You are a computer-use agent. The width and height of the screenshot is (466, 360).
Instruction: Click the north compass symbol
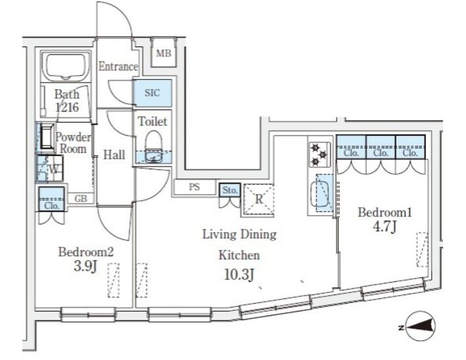click(419, 326)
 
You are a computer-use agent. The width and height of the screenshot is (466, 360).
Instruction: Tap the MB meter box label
click(163, 53)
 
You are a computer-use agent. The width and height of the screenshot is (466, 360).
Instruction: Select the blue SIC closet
click(153, 92)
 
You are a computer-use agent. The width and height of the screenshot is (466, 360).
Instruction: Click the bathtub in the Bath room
click(66, 66)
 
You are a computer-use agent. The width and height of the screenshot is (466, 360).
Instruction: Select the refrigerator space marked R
click(259, 199)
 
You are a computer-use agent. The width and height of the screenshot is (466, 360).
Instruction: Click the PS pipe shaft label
click(194, 187)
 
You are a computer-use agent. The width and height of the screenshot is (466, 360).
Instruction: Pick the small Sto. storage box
click(230, 190)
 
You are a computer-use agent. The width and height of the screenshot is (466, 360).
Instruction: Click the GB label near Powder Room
click(81, 199)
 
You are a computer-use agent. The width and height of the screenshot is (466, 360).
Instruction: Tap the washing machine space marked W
click(50, 169)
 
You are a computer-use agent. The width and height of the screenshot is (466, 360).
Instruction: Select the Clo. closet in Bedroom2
click(52, 199)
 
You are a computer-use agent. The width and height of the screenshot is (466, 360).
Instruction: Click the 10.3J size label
click(240, 275)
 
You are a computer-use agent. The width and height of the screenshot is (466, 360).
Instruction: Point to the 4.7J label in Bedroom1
click(385, 227)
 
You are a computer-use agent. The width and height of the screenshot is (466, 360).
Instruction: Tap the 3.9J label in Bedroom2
click(85, 266)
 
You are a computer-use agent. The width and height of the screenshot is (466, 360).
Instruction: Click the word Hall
click(114, 155)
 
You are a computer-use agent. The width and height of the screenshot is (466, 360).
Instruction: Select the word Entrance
click(118, 66)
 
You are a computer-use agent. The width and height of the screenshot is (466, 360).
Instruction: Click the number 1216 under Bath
click(68, 107)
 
